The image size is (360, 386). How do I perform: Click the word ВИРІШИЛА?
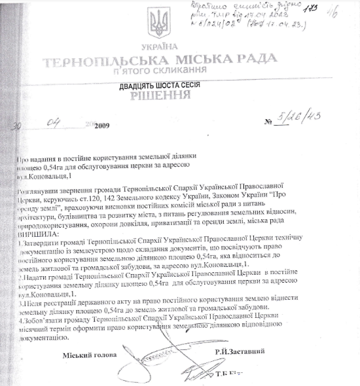pyautogui.click(x=39, y=233)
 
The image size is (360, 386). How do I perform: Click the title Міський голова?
pyautogui.click(x=90, y=355)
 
